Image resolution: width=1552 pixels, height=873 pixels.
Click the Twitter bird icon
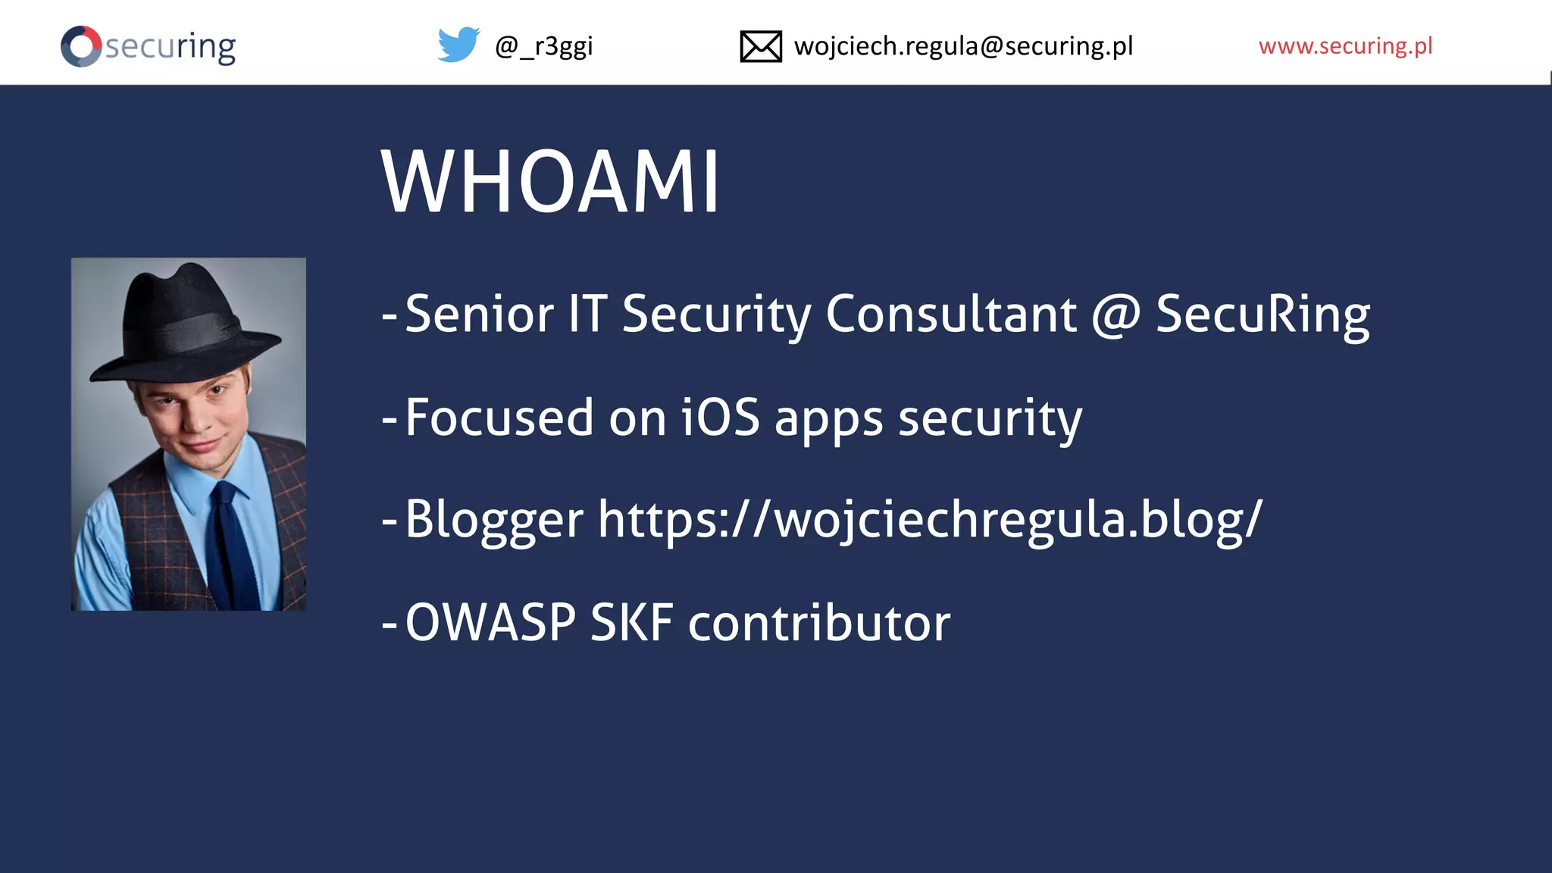[x=458, y=45]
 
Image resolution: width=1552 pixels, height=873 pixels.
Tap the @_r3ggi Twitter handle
[x=543, y=46]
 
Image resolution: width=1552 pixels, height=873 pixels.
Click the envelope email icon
[x=760, y=46]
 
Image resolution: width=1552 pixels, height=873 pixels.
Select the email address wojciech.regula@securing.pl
[x=963, y=46]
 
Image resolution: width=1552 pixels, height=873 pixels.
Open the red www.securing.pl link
[x=1345, y=46]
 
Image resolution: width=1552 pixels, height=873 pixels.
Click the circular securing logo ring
[x=81, y=46]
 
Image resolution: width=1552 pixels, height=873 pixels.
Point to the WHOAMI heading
[x=550, y=183]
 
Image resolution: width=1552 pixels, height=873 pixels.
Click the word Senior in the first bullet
[x=479, y=314]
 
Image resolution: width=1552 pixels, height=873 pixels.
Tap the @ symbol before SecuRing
[x=1115, y=314]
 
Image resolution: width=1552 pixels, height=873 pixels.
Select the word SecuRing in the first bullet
[x=1263, y=314]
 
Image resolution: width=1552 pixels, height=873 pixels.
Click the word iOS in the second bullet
[x=720, y=418]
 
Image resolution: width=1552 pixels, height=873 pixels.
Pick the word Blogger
[x=493, y=521]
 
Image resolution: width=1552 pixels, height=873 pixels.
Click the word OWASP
[x=490, y=623]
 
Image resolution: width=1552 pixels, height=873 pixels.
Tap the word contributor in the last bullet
[x=819, y=623]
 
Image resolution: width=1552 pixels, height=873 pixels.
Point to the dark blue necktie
[x=232, y=546]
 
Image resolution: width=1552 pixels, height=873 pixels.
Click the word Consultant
[x=950, y=314]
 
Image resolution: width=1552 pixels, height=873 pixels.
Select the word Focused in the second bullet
[x=499, y=418]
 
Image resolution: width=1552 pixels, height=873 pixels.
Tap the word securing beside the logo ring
[x=171, y=47]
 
